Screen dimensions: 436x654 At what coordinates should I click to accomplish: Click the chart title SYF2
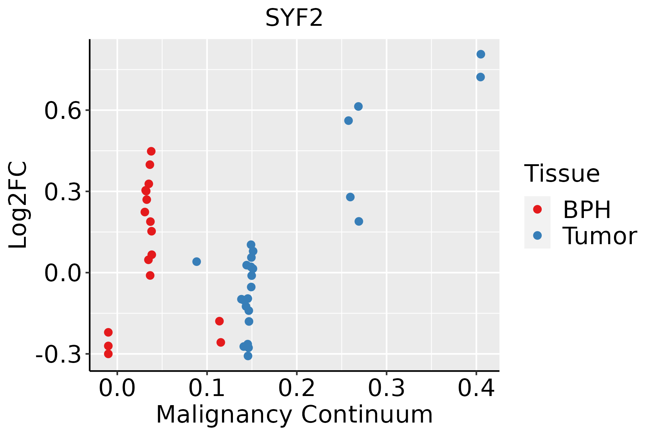(294, 18)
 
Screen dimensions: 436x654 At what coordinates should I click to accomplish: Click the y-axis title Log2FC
(18, 205)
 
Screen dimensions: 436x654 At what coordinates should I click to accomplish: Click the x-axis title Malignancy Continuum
(294, 415)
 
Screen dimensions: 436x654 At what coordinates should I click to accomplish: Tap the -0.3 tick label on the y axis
(58, 354)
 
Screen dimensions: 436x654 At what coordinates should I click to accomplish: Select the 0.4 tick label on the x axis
(476, 388)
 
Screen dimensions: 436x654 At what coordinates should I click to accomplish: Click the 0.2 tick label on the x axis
(296, 388)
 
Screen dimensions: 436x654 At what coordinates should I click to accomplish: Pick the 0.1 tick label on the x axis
(207, 388)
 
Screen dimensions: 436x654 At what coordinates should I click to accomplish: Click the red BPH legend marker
(537, 209)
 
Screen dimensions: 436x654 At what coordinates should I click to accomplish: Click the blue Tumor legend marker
(537, 235)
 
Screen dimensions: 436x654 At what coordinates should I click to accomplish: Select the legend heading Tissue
(562, 174)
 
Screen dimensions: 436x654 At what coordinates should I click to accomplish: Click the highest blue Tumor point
(481, 54)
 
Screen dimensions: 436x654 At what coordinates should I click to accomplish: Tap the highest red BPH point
(151, 151)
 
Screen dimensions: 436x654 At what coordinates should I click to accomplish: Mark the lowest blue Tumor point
(248, 356)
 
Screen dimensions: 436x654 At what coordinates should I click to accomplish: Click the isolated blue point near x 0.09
(197, 262)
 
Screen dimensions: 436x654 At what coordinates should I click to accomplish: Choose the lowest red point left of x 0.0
(108, 354)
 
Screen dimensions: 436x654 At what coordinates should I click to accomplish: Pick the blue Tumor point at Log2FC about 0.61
(358, 106)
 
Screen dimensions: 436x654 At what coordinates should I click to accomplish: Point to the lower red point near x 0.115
(221, 342)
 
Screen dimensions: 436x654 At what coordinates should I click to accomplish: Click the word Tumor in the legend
(599, 236)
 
